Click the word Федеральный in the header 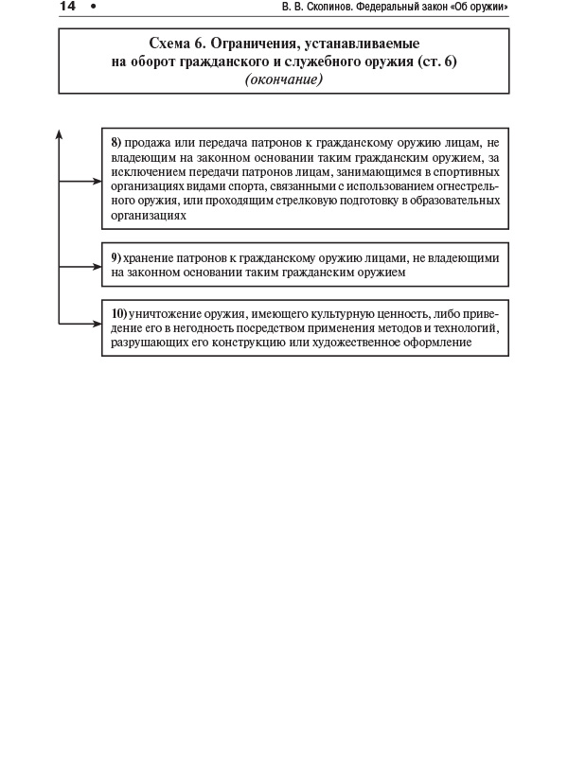coord(420,9)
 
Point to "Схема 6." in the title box coord(187,44)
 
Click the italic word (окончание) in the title coord(284,79)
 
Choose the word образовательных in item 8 coord(453,201)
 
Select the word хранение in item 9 coord(149,257)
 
